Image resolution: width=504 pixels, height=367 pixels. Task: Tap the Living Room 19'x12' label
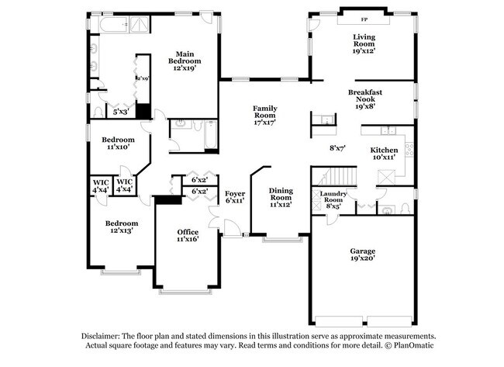click(x=364, y=43)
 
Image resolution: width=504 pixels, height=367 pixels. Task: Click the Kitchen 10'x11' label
click(x=383, y=153)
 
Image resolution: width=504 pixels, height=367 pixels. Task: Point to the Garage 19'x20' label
click(x=361, y=255)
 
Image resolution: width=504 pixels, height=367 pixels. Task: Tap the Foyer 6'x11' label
click(x=235, y=196)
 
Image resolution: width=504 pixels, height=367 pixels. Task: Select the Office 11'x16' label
click(x=188, y=235)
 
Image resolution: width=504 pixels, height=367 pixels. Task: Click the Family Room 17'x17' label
click(x=265, y=115)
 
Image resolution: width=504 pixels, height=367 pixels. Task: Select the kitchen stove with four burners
click(x=406, y=149)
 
